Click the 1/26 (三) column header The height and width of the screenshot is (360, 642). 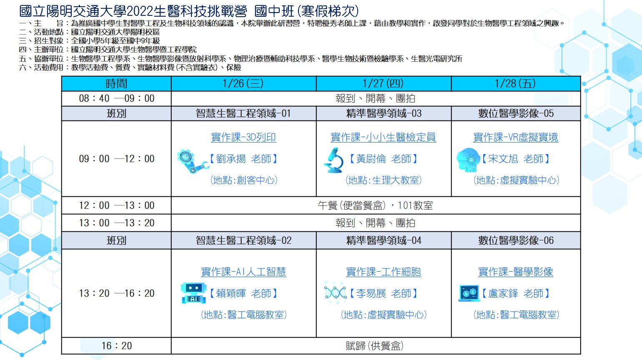[243, 84]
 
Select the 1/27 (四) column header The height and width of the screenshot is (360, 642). [384, 84]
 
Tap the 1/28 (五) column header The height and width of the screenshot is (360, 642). [516, 84]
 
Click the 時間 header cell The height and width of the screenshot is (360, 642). [116, 84]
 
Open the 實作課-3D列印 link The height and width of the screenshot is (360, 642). [243, 137]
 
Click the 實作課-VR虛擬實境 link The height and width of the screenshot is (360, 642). [516, 137]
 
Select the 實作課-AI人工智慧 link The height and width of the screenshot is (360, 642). [243, 272]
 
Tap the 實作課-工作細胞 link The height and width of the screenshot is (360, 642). [384, 272]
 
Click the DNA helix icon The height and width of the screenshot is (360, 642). [335, 292]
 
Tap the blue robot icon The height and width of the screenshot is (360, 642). [194, 293]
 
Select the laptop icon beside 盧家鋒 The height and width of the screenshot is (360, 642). [469, 293]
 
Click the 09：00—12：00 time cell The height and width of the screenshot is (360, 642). [116, 159]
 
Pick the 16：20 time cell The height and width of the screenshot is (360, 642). [116, 346]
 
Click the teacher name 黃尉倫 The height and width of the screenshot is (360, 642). [371, 159]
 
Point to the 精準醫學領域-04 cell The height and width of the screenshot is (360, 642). [384, 240]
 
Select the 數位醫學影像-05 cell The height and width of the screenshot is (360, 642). [516, 113]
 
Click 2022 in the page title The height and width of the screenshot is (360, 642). [140, 11]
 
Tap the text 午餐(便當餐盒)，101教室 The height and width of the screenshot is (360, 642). [375, 205]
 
